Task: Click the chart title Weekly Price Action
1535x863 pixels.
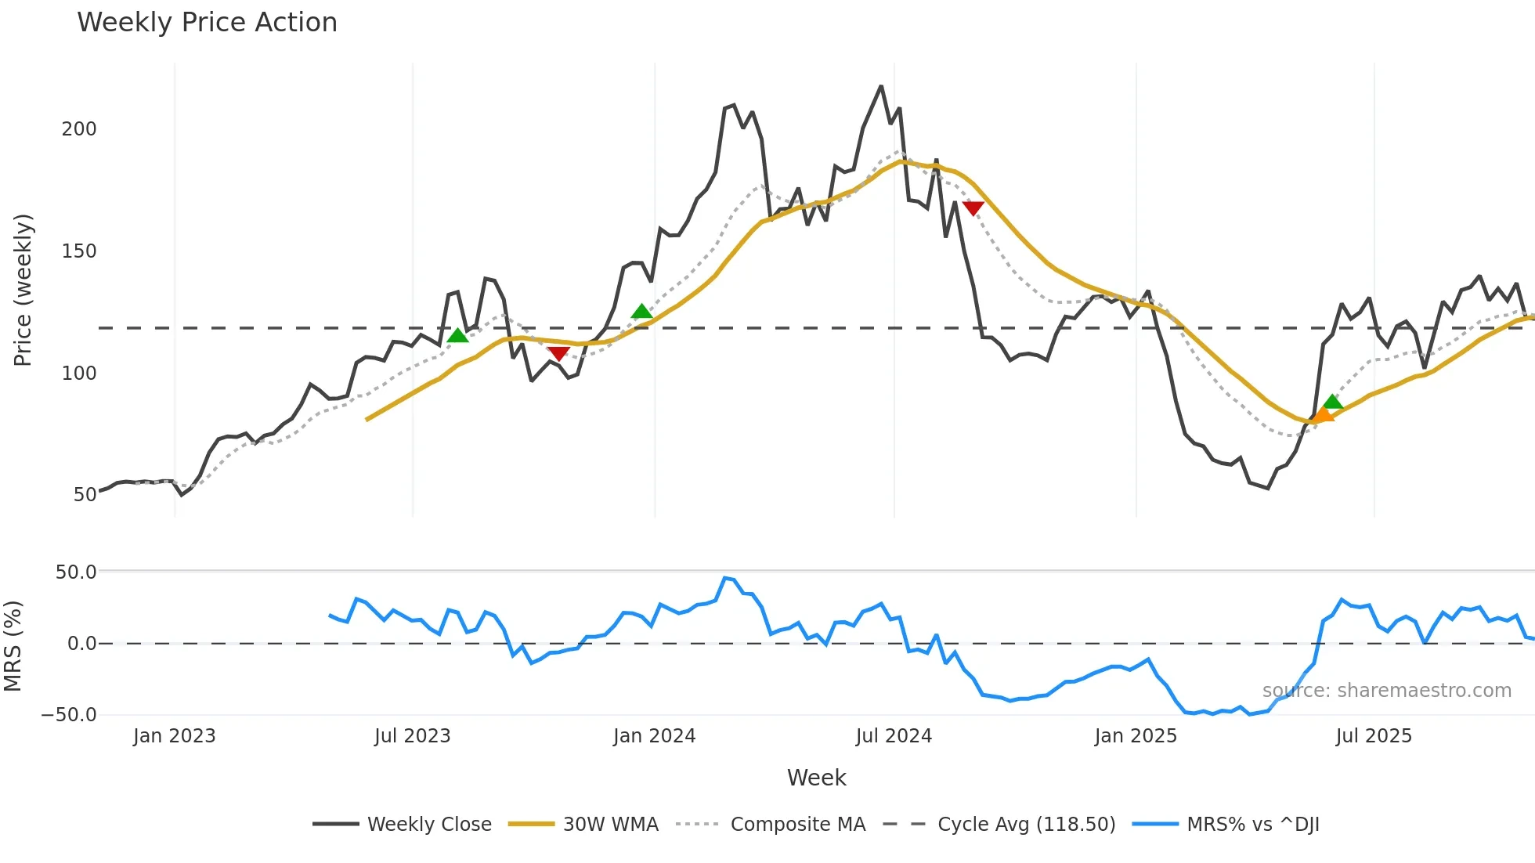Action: (207, 23)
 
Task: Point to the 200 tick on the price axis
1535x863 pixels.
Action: (79, 129)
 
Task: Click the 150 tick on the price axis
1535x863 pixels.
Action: (79, 251)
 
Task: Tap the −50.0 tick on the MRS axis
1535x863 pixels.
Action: (69, 715)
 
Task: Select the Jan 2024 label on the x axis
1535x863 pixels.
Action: (654, 736)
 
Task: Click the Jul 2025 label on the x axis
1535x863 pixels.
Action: (1374, 736)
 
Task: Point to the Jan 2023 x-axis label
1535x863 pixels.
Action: (174, 736)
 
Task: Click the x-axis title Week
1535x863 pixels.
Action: (816, 778)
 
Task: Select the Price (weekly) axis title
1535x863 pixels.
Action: (23, 290)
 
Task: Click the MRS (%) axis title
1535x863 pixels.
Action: (13, 646)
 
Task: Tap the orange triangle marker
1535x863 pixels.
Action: (1322, 416)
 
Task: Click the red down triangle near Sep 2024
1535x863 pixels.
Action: (973, 208)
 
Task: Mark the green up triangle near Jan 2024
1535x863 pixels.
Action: (641, 312)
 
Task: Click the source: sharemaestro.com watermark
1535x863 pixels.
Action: (1386, 691)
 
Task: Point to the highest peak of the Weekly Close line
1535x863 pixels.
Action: (881, 86)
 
